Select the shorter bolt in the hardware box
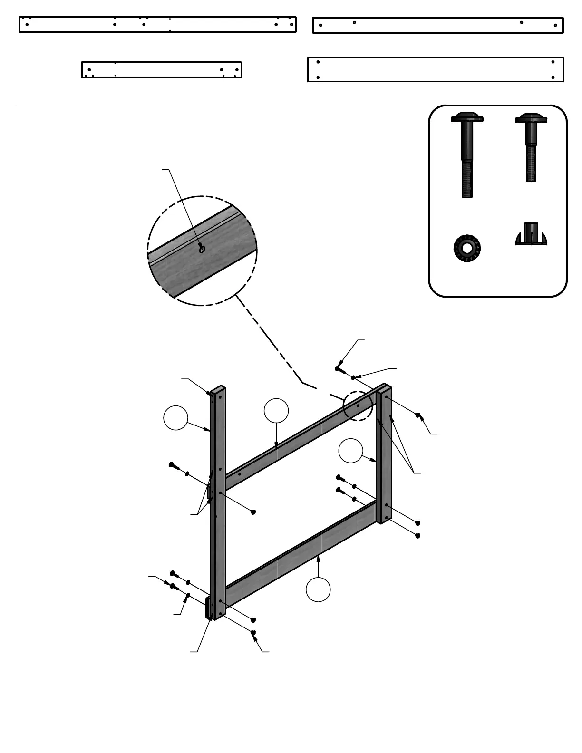coord(531,147)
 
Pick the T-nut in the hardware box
coord(531,235)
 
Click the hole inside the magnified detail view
coord(202,249)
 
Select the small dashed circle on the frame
coord(358,405)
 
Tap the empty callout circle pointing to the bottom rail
coord(318,589)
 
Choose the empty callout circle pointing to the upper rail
coord(276,411)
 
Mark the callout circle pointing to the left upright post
coord(175,418)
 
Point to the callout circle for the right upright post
coord(351,451)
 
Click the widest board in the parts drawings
coord(435,69)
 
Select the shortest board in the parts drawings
coord(161,69)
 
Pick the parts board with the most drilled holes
coord(157,24)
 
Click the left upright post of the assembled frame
coord(218,523)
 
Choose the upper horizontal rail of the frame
coord(300,437)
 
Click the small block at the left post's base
coord(208,608)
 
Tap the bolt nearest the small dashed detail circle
coord(339,368)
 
